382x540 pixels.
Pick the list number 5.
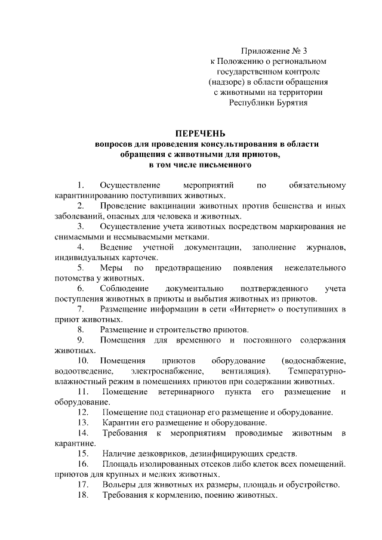81,268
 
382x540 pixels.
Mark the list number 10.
83,360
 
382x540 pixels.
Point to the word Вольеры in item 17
118,485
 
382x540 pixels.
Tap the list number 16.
83,464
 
